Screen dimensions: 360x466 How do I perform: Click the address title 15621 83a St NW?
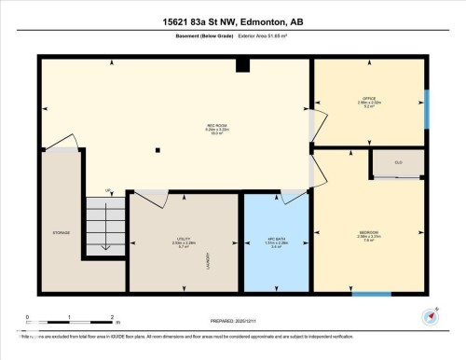233,21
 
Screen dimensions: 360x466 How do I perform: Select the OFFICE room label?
368,98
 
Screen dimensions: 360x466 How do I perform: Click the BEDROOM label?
367,231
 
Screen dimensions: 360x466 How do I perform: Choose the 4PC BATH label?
275,242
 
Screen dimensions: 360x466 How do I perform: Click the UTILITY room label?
183,242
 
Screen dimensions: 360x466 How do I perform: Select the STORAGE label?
62,233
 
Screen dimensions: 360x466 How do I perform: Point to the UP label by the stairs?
108,191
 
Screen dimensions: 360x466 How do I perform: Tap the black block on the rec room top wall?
242,64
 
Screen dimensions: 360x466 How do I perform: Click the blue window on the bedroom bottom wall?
371,295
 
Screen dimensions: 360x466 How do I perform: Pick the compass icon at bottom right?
430,315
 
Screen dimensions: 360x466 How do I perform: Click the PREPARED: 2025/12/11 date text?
232,321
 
